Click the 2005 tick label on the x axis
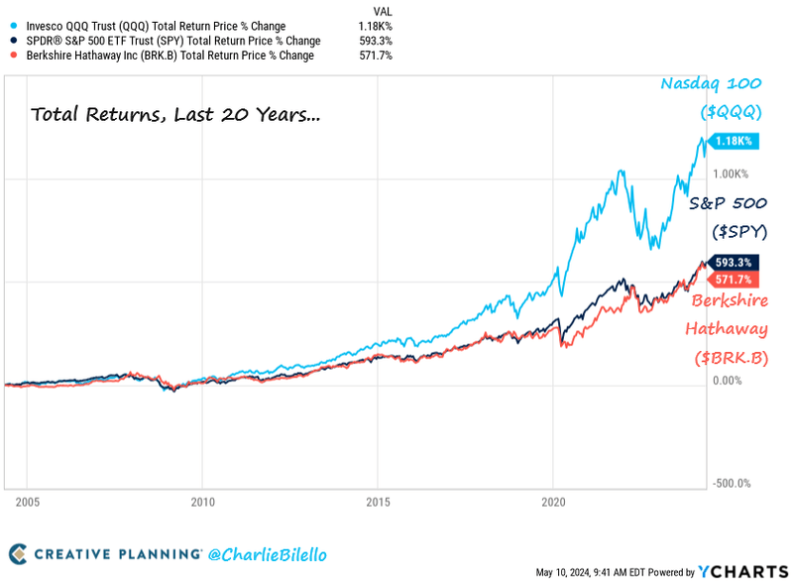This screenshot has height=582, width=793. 27,502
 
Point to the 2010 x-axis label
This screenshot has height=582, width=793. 202,502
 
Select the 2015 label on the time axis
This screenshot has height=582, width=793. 378,502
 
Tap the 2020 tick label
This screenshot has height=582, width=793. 553,502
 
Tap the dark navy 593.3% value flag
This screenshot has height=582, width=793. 735,263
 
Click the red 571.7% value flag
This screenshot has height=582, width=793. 735,282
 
